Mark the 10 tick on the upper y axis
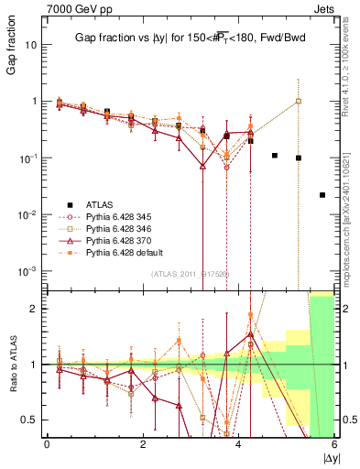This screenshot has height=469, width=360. [x=31, y=44]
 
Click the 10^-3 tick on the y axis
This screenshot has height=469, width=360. [x=27, y=271]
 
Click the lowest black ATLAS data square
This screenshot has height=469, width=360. [x=322, y=195]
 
